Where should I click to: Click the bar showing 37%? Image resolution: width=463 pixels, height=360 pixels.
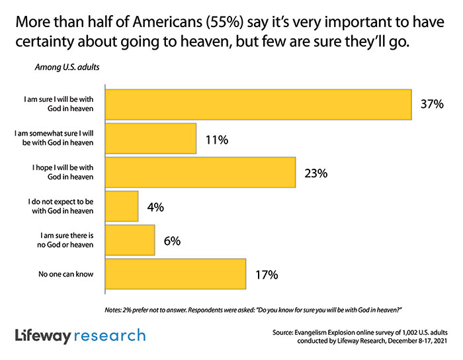pos(259,104)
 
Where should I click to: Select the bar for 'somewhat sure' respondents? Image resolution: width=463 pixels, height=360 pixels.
pos(151,139)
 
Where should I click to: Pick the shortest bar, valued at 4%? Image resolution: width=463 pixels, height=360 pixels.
pos(122,207)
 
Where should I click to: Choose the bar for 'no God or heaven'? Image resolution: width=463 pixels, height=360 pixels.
pos(130,241)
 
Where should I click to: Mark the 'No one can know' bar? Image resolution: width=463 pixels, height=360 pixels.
pos(176,274)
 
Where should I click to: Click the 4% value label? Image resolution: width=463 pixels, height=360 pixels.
pos(155,207)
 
